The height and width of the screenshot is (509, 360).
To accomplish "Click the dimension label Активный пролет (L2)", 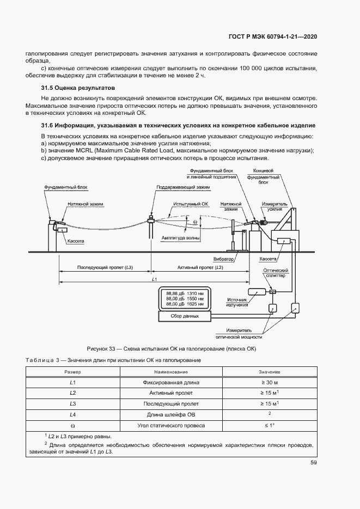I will pyautogui.click(x=200, y=268).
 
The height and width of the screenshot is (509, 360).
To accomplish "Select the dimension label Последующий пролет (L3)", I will pyautogui.click(x=106, y=268).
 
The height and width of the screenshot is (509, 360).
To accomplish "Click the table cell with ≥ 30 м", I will pyautogui.click(x=269, y=382).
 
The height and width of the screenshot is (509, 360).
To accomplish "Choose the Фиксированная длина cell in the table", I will pyautogui.click(x=170, y=382).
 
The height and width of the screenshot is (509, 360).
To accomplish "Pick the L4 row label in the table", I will pyautogui.click(x=72, y=414).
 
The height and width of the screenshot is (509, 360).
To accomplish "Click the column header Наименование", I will pyautogui.click(x=170, y=371).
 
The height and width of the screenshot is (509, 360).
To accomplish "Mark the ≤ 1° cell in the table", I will pyautogui.click(x=269, y=425).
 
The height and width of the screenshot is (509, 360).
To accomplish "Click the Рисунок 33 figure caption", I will pyautogui.click(x=172, y=348).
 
